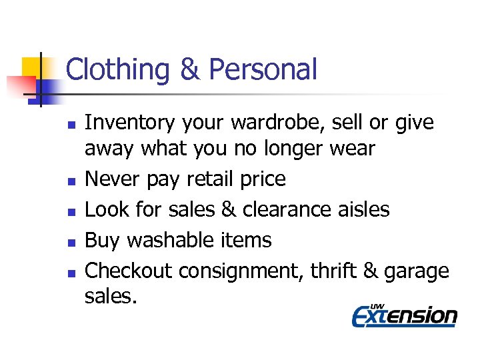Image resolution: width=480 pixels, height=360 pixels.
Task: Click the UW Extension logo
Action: click(x=404, y=315)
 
